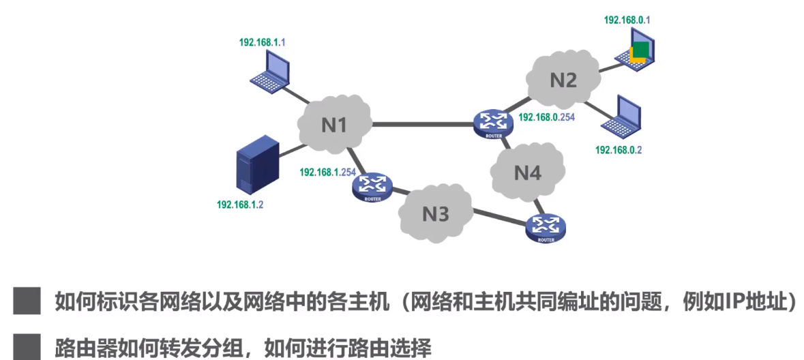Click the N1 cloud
[334, 124]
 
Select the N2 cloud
[563, 80]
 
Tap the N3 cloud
[435, 214]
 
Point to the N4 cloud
[527, 172]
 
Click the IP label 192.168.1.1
[262, 42]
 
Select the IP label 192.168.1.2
[240, 205]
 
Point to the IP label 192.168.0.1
[627, 20]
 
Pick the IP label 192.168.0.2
[619, 149]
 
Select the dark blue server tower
[257, 166]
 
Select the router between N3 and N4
[546, 227]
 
